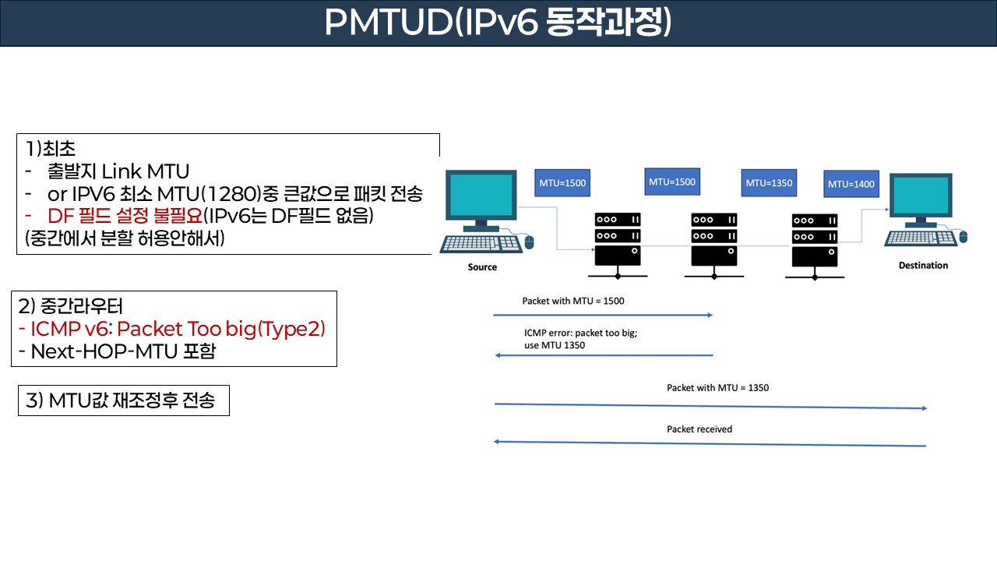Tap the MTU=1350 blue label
tap(768, 184)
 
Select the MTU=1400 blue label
tap(851, 185)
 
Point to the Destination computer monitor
tap(922, 199)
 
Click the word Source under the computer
tap(482, 267)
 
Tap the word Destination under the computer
tap(923, 266)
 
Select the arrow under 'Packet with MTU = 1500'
tap(603, 315)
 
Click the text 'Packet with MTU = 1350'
tap(717, 387)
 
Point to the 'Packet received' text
tap(699, 429)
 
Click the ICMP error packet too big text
tap(580, 338)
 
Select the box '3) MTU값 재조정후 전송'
tap(124, 401)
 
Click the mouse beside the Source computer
tap(530, 242)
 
